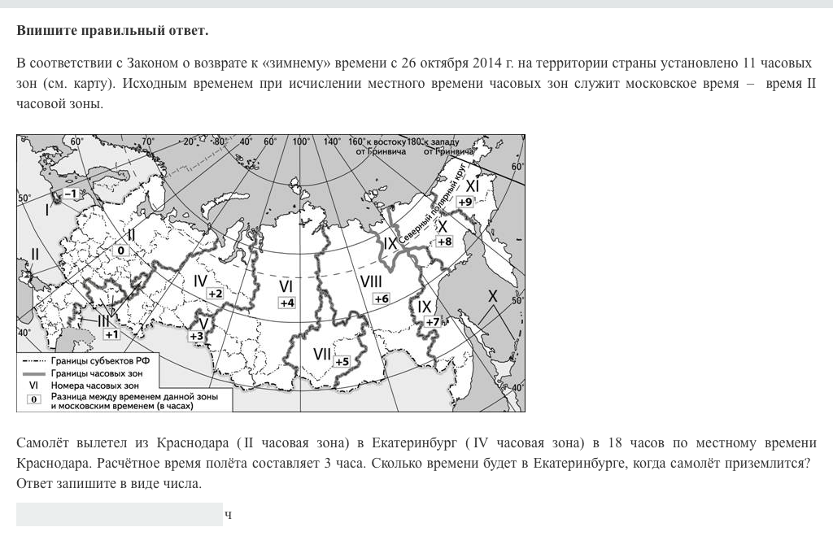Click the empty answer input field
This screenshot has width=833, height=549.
click(x=119, y=514)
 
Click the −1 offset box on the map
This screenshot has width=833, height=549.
click(x=70, y=194)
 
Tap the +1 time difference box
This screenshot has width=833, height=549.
click(x=111, y=333)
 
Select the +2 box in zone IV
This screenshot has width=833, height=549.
click(x=215, y=293)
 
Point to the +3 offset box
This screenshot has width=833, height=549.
click(x=196, y=336)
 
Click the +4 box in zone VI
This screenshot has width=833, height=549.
click(x=286, y=303)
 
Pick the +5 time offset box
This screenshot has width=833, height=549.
click(x=342, y=361)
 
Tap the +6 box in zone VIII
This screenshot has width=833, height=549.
click(x=381, y=298)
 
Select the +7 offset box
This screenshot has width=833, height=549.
click(x=432, y=321)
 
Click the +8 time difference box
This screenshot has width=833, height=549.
click(x=444, y=242)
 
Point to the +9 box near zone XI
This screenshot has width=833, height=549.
click(x=465, y=202)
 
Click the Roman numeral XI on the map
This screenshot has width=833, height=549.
click(x=472, y=186)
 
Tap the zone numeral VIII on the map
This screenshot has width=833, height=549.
click(x=371, y=281)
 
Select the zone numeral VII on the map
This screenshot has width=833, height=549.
click(x=322, y=355)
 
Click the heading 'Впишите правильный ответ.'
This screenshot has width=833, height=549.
click(x=112, y=31)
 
